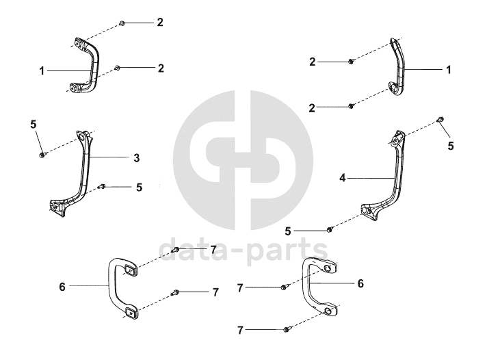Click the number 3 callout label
point(136,157)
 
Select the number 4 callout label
point(341,177)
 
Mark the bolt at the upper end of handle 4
point(440,121)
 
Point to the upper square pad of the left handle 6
point(129,271)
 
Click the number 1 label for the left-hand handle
point(42,70)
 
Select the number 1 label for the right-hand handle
point(449,70)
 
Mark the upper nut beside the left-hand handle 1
point(121,23)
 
